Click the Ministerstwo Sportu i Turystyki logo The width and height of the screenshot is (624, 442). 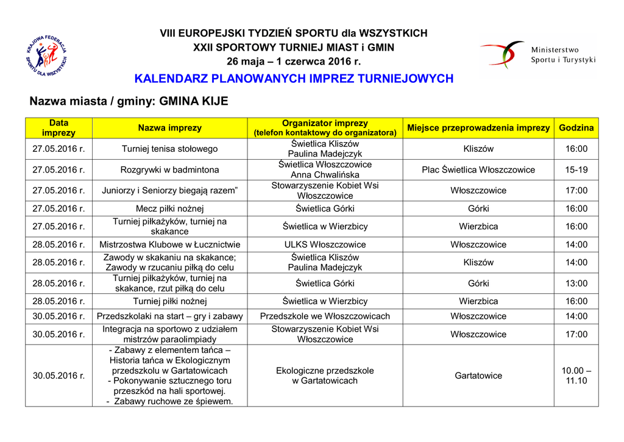coord(536,55)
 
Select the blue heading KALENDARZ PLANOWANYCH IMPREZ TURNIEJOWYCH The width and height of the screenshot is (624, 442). coord(294,79)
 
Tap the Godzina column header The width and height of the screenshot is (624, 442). coord(576,128)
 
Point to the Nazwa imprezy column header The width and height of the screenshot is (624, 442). coord(169,128)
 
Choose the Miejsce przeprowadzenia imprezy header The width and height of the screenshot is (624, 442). coord(478,128)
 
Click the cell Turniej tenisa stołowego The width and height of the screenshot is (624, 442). coord(169,149)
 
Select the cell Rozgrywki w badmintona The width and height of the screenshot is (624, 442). coord(169,169)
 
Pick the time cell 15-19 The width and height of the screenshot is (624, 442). coord(576,169)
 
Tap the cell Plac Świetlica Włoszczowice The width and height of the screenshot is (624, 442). coord(478,169)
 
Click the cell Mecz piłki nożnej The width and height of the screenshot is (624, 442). coord(169,209)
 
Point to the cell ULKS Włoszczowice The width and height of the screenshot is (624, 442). coord(325,244)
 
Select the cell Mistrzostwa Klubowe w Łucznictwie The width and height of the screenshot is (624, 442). coord(169,244)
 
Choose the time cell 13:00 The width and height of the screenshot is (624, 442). coord(576,283)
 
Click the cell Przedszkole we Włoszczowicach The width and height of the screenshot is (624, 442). coord(325,316)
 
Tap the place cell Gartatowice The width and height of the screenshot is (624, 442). coord(478,376)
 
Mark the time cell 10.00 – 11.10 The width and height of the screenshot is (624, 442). coord(576,376)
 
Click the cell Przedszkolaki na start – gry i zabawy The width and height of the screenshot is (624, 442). coord(169,316)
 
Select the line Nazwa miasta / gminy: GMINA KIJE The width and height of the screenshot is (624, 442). coord(129,101)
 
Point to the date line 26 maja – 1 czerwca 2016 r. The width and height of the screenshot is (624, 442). coord(294,62)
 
